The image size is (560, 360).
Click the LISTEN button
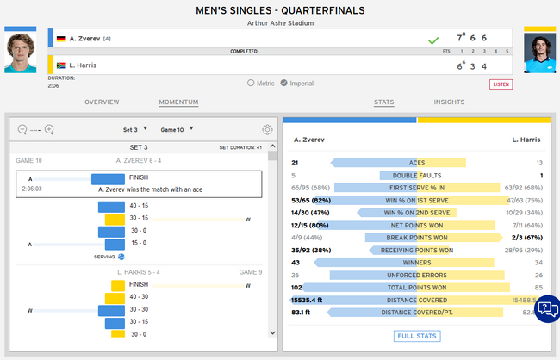[x=501, y=84]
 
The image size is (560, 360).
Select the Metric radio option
[x=251, y=84]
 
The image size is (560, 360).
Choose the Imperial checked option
[x=284, y=84]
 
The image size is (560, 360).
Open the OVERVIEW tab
[x=102, y=102]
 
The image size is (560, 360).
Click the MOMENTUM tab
[x=178, y=102]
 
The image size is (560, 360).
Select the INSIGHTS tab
[x=449, y=102]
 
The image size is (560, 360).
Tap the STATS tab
[x=383, y=102]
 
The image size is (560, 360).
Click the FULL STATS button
[x=417, y=336]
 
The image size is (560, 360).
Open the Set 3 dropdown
[x=134, y=130]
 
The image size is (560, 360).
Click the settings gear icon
[x=267, y=130]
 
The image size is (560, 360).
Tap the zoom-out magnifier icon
[x=22, y=130]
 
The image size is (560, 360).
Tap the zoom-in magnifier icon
[x=49, y=130]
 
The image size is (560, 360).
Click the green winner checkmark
[x=433, y=40]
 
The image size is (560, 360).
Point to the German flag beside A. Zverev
[x=60, y=39]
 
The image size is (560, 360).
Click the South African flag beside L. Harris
[x=60, y=65]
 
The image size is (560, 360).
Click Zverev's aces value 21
[x=296, y=163]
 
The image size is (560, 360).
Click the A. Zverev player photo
[x=21, y=53]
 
